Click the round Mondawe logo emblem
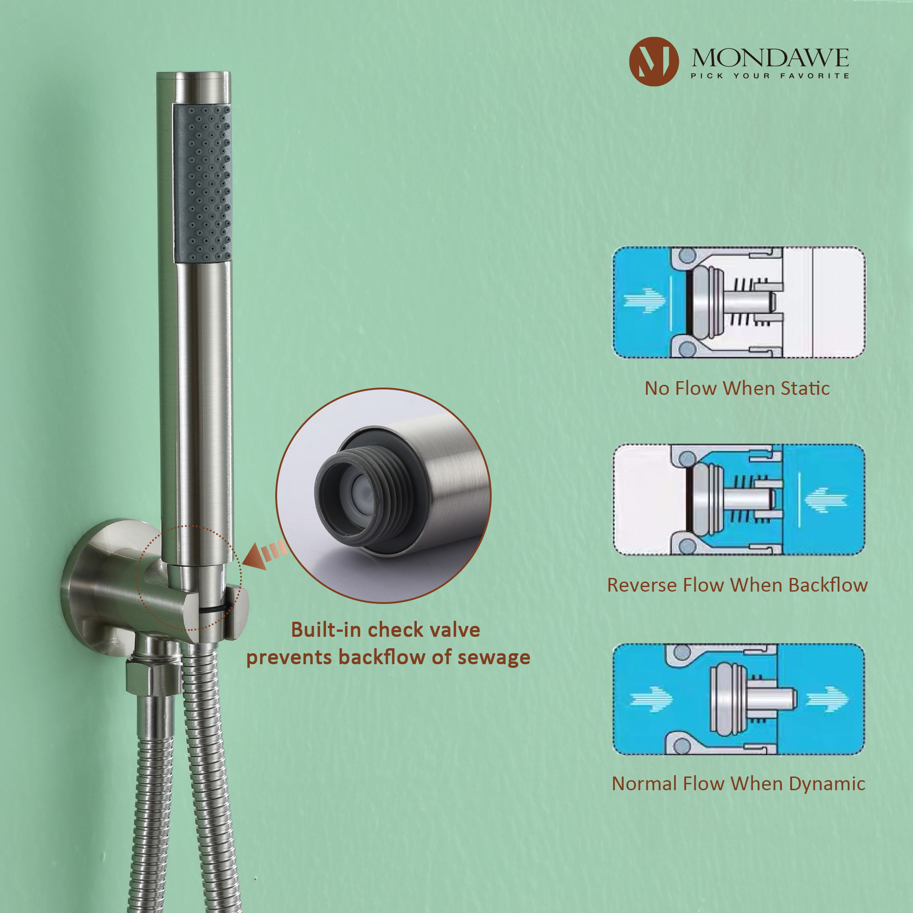click(654, 62)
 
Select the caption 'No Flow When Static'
click(737, 388)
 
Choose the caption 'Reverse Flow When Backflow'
click(737, 585)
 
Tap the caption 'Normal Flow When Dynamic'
click(738, 783)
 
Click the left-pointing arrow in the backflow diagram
click(825, 499)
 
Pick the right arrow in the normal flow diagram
click(827, 698)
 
